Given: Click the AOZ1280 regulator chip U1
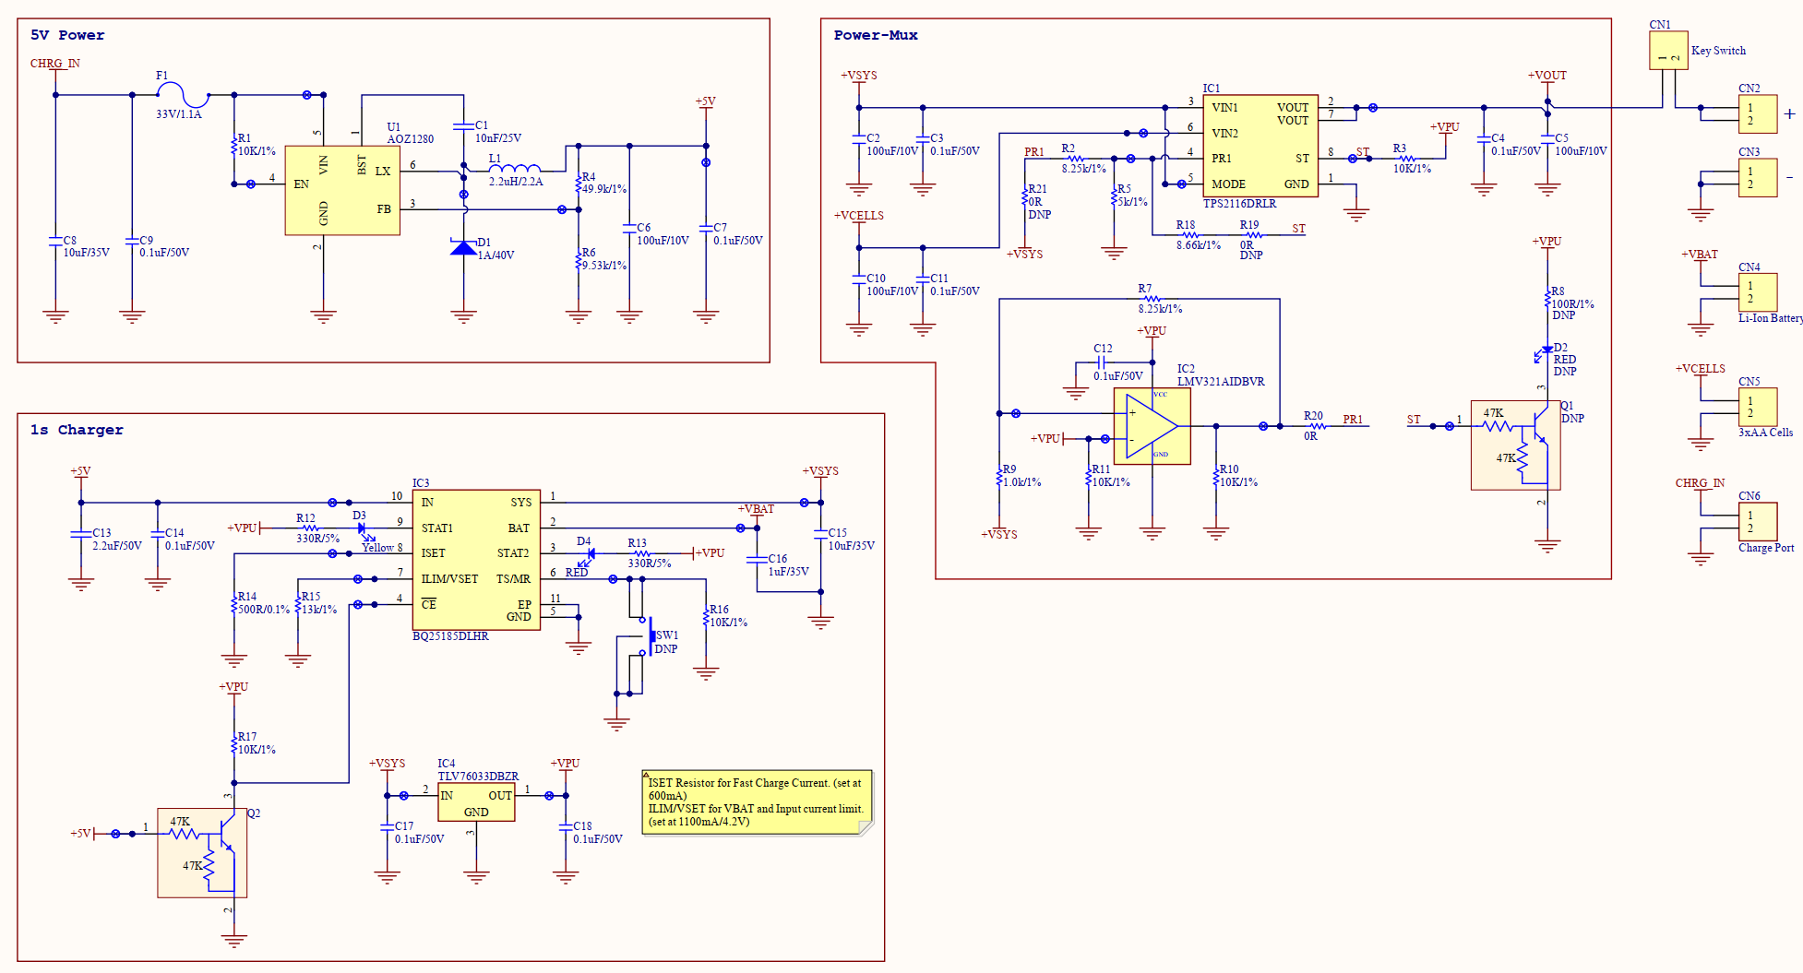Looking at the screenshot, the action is [x=342, y=190].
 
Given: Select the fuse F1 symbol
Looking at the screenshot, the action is [x=183, y=95].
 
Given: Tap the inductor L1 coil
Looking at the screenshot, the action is [x=514, y=169].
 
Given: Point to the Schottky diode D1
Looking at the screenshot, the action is [x=463, y=246].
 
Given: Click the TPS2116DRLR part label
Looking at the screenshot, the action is [x=1239, y=204].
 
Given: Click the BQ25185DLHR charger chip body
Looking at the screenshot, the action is [x=476, y=560].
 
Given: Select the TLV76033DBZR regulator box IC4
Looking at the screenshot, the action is [x=476, y=803].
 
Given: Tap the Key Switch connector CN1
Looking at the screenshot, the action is [x=1668, y=51].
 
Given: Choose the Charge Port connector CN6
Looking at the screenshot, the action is [x=1758, y=522].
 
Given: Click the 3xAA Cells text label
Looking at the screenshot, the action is [x=1765, y=433].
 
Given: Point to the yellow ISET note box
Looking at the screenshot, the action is [x=757, y=802].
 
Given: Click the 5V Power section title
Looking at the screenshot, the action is [x=67, y=35].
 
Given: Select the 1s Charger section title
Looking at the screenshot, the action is [x=77, y=430].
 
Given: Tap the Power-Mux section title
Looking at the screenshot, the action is [x=876, y=35].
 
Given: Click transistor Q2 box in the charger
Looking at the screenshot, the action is [x=202, y=853].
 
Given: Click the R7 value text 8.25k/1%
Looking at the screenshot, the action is [x=1160, y=309].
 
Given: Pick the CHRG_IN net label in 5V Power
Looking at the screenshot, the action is [x=55, y=64].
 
